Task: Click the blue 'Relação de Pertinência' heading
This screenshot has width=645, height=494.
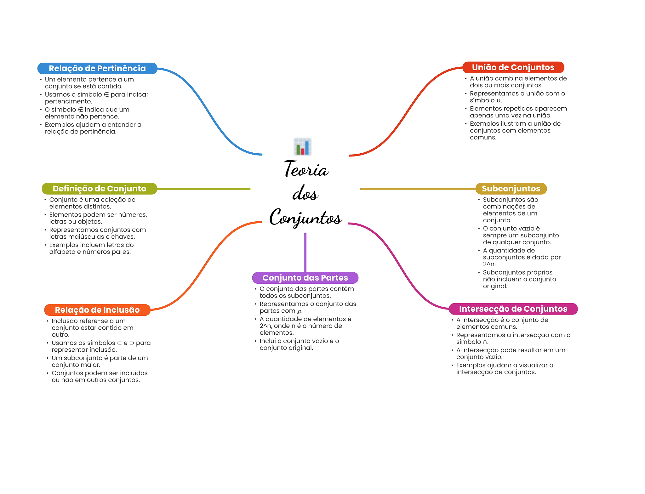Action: [97, 68]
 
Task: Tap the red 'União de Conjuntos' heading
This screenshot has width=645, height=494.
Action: [513, 67]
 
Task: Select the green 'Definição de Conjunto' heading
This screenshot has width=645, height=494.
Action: [99, 189]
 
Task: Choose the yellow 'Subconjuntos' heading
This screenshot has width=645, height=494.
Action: [511, 189]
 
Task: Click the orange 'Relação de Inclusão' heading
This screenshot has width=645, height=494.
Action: [97, 310]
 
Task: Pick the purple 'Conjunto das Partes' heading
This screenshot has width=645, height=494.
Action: [305, 278]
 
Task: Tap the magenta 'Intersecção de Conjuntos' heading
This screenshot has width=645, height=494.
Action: [513, 309]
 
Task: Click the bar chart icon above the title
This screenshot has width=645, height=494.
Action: [302, 147]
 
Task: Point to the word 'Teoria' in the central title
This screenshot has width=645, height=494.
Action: [306, 169]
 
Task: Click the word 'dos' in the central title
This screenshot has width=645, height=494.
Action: [305, 193]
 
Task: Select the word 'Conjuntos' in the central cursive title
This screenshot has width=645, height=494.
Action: [305, 218]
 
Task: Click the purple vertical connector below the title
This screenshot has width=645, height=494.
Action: [305, 252]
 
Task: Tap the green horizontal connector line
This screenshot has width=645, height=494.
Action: [203, 189]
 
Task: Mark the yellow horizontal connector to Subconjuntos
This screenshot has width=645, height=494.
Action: [417, 189]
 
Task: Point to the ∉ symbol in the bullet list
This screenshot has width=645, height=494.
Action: [80, 110]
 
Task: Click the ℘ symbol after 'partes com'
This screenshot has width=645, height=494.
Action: [299, 311]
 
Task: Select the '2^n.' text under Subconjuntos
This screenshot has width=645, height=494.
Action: [489, 264]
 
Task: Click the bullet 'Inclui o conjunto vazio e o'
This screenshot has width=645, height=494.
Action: [299, 341]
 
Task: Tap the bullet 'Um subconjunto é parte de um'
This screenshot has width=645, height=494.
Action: [100, 358]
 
